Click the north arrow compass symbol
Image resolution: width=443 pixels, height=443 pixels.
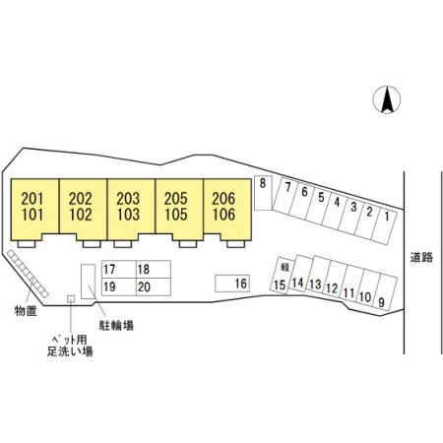pos(387,99)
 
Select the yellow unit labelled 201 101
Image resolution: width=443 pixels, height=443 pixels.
pos(34,210)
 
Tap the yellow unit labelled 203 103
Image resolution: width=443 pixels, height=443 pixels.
pos(131,210)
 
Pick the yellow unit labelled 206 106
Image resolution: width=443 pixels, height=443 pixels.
pos(227,210)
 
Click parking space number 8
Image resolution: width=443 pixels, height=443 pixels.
pos(263,193)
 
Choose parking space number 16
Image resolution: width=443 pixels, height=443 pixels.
pos(232,284)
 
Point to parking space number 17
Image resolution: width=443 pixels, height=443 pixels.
pos(119,270)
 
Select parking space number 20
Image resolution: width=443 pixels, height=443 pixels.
pos(154,287)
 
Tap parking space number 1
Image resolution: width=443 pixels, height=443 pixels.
pos(385,225)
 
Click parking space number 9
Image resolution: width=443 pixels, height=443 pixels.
pos(385,293)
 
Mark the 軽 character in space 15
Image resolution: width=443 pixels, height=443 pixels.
pos(285,267)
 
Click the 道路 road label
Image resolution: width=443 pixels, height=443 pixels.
pos(421,257)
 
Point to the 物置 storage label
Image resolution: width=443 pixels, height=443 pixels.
pos(26,311)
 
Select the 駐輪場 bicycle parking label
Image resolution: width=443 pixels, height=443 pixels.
pos(116,325)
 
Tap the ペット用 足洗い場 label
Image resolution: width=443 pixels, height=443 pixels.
pos(70,346)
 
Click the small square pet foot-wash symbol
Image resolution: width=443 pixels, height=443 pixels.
pos(71,299)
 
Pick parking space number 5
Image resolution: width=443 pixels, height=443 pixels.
pos(318,206)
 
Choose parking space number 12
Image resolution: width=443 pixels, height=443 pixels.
pos(333,280)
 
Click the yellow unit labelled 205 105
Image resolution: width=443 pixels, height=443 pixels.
pos(179,210)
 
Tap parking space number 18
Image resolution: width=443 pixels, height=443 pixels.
pos(154,270)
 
